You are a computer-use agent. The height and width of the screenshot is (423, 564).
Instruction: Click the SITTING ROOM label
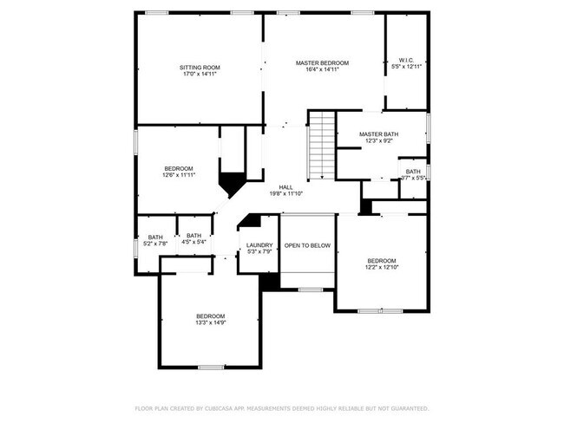200,68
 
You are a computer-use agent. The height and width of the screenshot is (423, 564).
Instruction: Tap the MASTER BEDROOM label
322,63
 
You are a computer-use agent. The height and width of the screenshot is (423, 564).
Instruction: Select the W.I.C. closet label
406,60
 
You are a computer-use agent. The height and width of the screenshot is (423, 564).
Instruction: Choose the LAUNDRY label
259,245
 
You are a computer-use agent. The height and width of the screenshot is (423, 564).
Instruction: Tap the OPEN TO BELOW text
307,245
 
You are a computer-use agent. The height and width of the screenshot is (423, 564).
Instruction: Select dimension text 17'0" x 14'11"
200,75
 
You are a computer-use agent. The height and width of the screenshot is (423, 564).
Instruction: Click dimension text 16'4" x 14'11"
322,70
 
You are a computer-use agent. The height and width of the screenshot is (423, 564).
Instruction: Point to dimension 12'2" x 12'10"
381,268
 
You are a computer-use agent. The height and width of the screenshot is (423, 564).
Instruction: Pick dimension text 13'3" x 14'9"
210,322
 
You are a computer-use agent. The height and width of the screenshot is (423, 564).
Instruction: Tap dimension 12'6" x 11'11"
179,175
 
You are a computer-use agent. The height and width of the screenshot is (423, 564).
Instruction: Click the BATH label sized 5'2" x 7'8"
155,238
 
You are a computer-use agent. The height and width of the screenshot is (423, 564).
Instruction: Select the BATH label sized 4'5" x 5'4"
193,236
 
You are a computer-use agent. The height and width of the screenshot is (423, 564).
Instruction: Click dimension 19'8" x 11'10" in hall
285,194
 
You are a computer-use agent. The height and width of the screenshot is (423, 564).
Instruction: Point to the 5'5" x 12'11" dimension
406,67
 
